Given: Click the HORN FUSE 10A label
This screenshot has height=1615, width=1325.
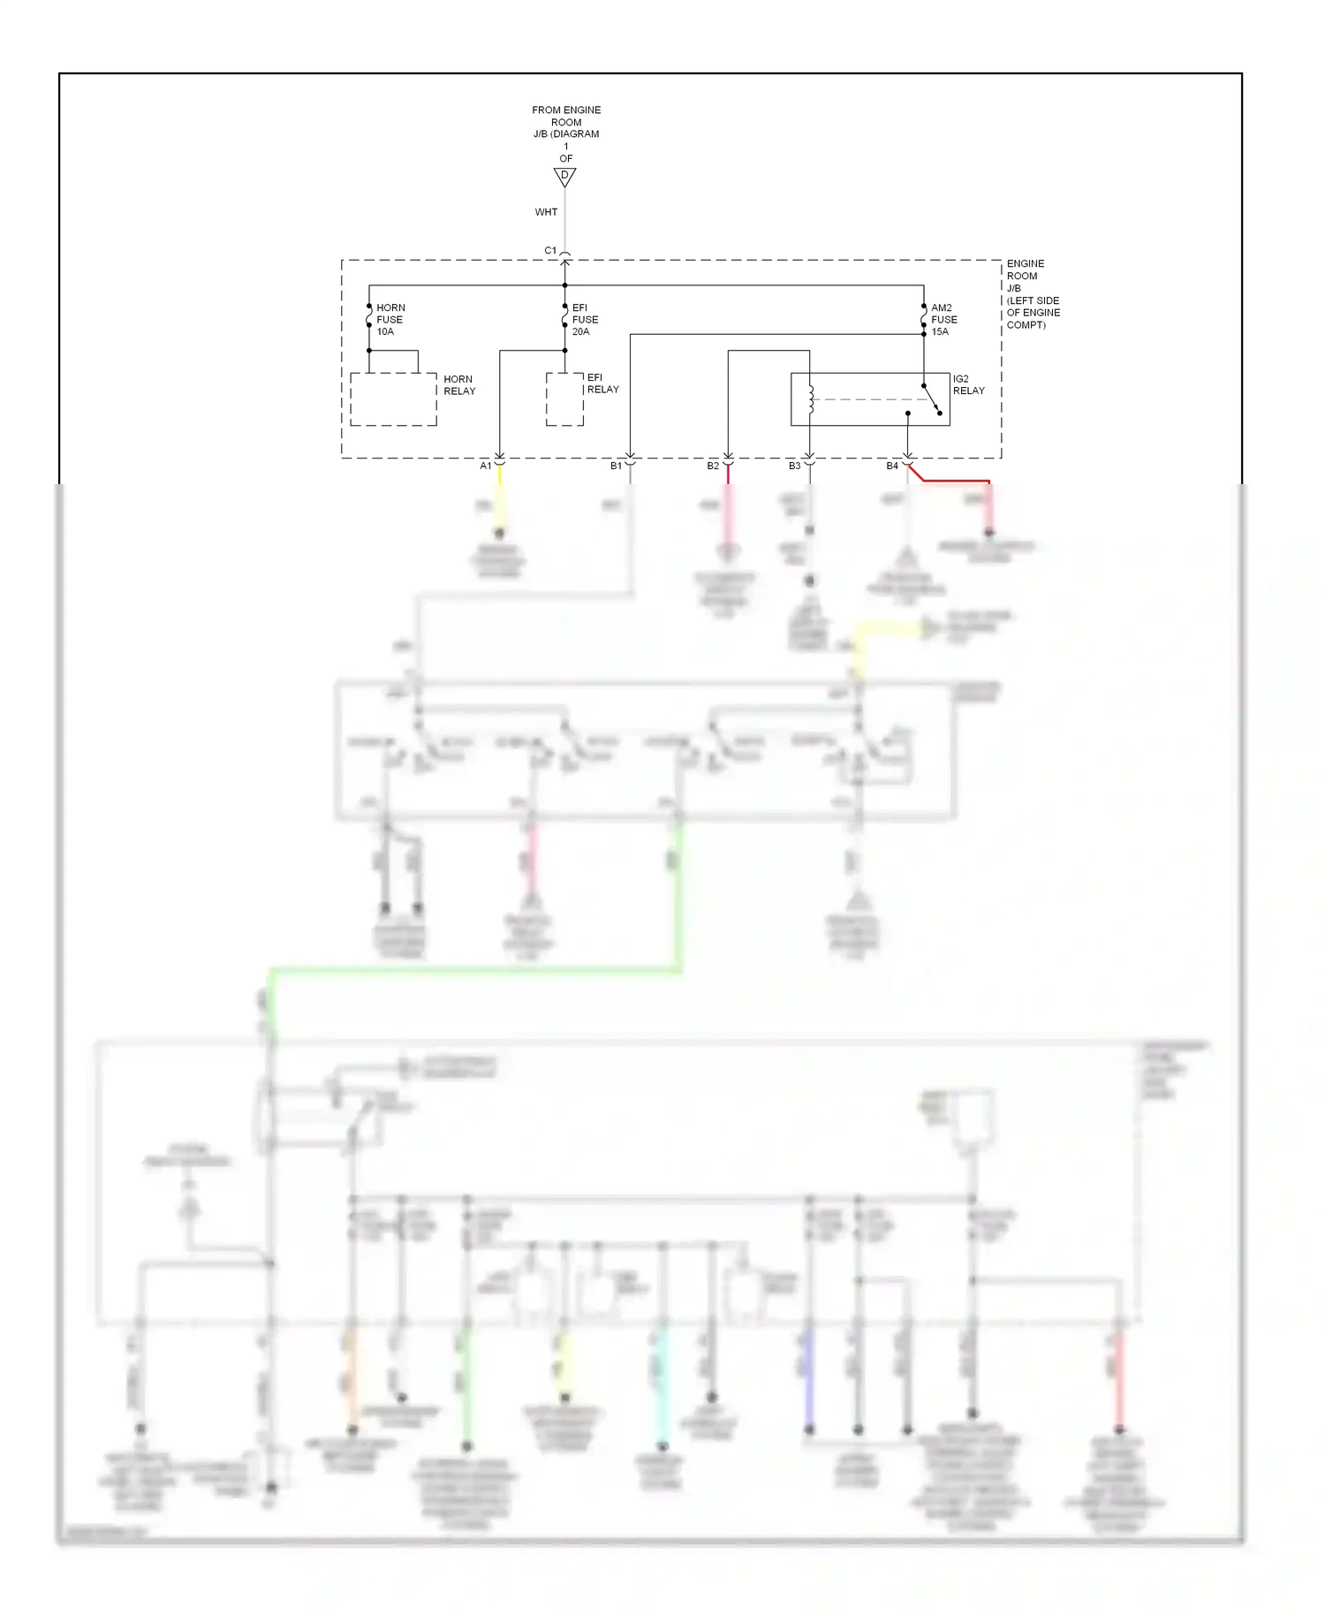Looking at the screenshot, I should pyautogui.click(x=390, y=320).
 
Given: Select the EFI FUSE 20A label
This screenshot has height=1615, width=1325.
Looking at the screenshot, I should pyautogui.click(x=584, y=320).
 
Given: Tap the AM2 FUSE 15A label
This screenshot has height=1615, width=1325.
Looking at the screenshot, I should pyautogui.click(x=943, y=320).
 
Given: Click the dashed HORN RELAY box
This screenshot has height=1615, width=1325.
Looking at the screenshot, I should pyautogui.click(x=393, y=399).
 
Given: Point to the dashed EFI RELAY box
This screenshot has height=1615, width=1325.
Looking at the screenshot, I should pyautogui.click(x=564, y=399).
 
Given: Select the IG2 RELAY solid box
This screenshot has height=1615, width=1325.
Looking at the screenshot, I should pyautogui.click(x=870, y=399).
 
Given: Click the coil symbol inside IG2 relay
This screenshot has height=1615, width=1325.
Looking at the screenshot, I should pyautogui.click(x=810, y=399).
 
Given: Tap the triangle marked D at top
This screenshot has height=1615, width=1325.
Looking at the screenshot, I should pyautogui.click(x=564, y=177).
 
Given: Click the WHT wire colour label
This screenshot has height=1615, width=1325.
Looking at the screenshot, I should pyautogui.click(x=546, y=212).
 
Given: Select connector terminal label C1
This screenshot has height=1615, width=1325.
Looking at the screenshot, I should pyautogui.click(x=550, y=251).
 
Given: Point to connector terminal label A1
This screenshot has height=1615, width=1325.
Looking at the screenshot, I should pyautogui.click(x=485, y=466).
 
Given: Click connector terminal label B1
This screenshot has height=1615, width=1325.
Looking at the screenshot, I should pyautogui.click(x=616, y=466).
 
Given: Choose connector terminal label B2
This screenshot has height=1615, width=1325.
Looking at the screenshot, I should pyautogui.click(x=712, y=466).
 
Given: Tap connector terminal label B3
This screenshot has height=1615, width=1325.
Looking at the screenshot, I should pyautogui.click(x=794, y=466).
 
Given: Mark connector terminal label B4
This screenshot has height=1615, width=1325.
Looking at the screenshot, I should pyautogui.click(x=891, y=466).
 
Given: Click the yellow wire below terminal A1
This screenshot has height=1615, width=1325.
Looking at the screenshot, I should pyautogui.click(x=499, y=504).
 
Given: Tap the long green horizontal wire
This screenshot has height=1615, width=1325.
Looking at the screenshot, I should pyautogui.click(x=477, y=971).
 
